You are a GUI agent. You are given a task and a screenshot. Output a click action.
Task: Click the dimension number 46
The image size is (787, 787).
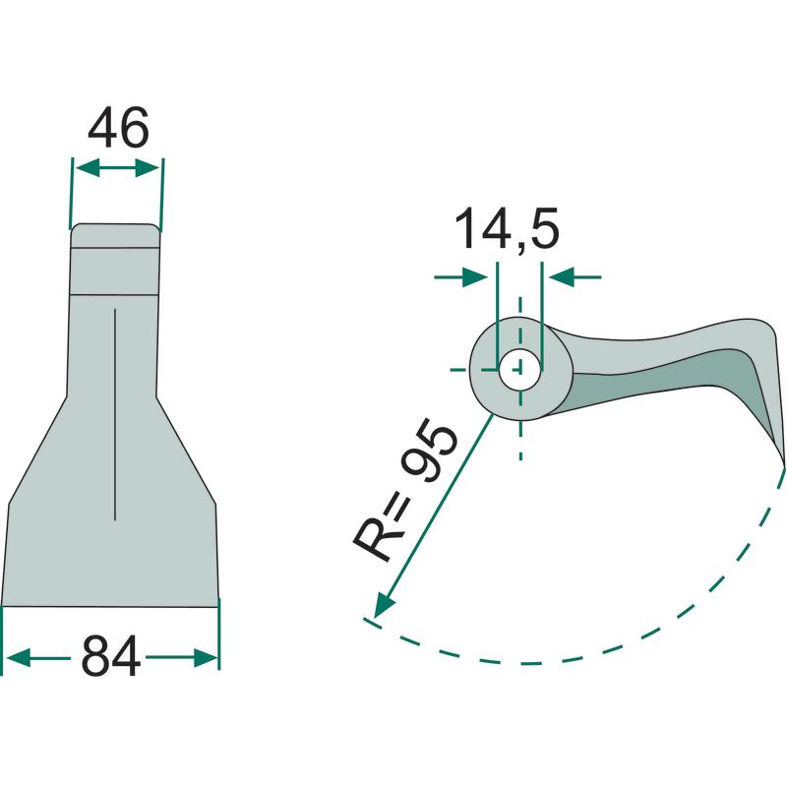118,127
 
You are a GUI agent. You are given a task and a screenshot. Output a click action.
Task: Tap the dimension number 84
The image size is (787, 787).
110,656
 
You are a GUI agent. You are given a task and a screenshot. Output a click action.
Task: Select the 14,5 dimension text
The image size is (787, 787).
507,229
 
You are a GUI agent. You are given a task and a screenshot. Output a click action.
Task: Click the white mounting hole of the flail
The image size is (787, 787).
520,370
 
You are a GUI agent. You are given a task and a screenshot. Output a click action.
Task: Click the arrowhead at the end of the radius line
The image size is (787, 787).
384,604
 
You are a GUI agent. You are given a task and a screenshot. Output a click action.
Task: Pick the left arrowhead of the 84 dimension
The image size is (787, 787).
17,657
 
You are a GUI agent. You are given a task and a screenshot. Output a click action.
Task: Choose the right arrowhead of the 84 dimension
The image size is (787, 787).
206,657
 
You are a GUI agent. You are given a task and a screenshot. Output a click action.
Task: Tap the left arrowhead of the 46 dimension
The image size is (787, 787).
87,168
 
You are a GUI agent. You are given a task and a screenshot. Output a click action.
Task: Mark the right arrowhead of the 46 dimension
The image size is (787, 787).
149,168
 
